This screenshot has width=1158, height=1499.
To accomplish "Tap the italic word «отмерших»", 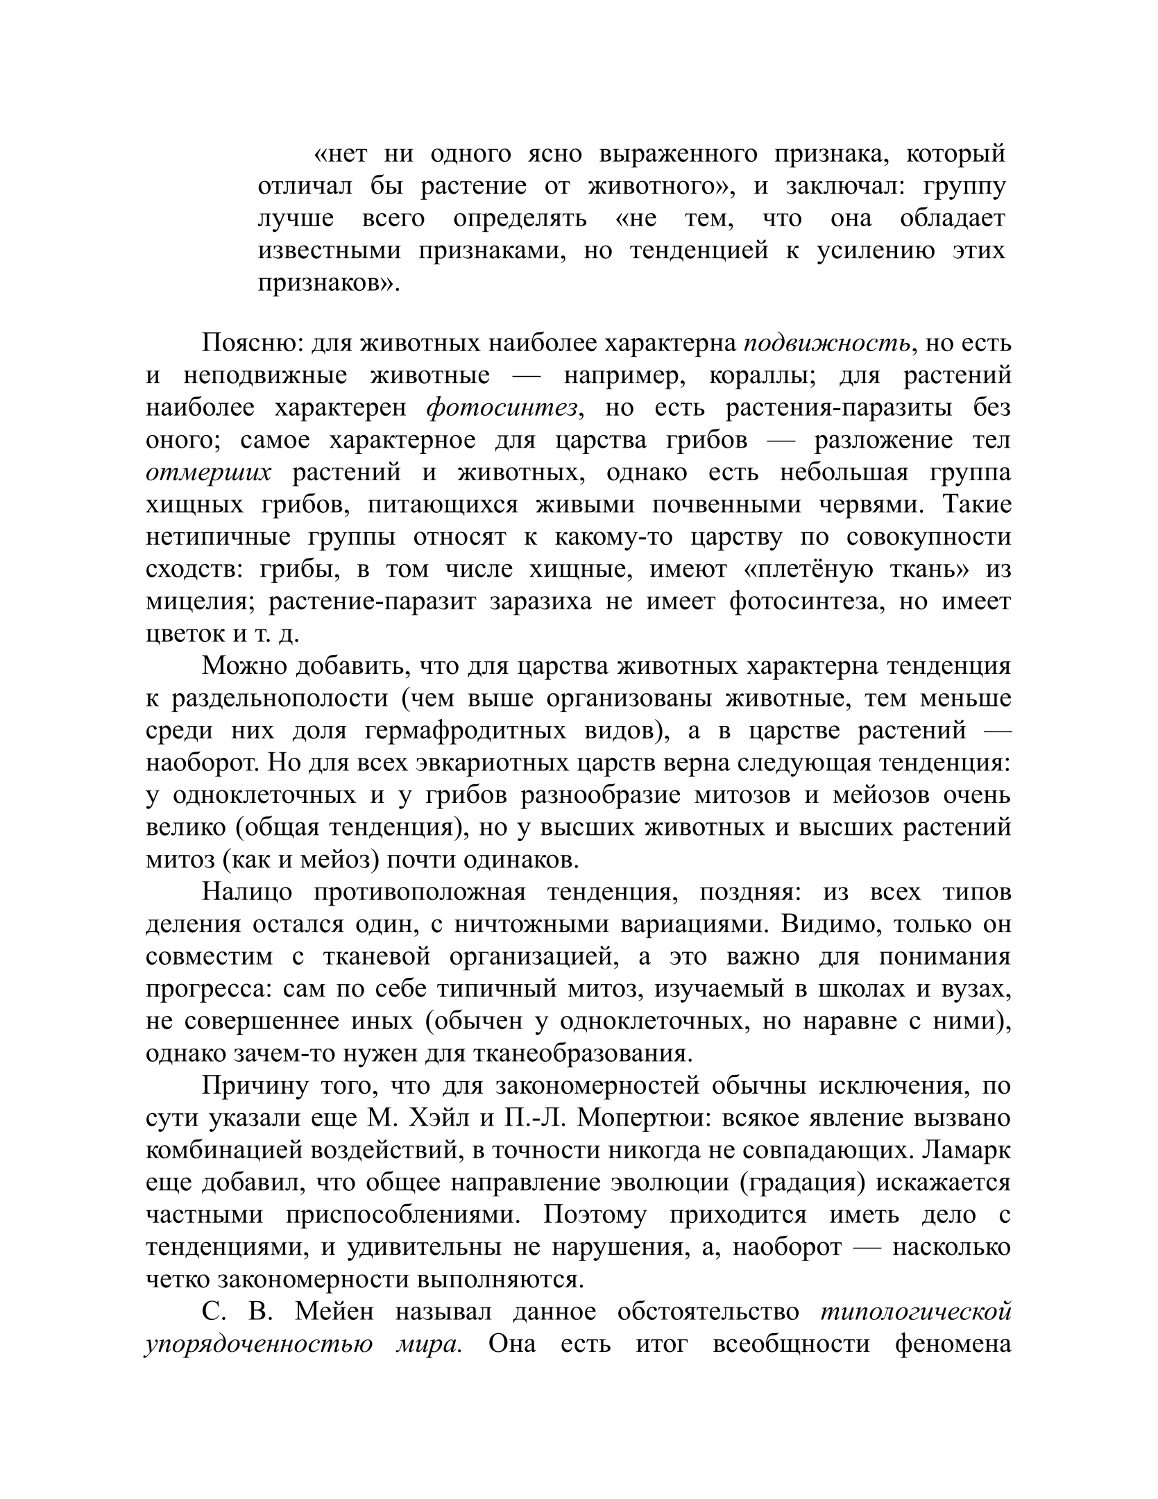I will pos(208,473).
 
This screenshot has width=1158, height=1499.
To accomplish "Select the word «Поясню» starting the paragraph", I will pos(250,344).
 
